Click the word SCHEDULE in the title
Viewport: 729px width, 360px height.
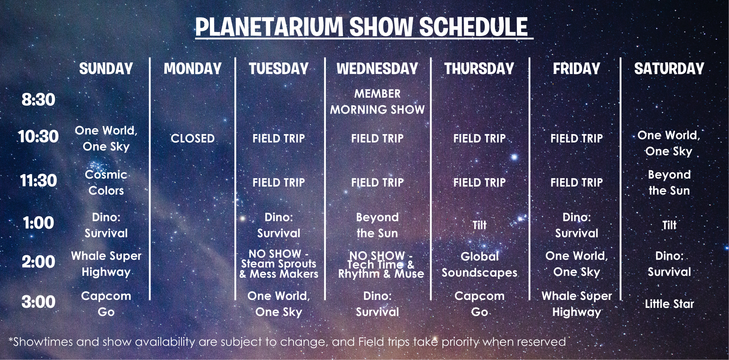click(x=473, y=27)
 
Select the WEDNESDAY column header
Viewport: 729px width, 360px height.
click(x=377, y=69)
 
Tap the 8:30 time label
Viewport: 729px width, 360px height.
click(x=38, y=99)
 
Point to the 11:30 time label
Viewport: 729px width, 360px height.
click(x=38, y=180)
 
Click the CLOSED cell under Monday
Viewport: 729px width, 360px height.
click(x=192, y=138)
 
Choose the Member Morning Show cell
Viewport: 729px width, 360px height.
click(x=377, y=102)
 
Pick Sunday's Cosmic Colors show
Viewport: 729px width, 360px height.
click(x=106, y=183)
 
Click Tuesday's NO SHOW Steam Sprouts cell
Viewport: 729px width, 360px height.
click(x=279, y=264)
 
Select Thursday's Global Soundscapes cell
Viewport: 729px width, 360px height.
click(x=479, y=265)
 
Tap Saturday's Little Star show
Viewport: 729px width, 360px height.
click(x=669, y=304)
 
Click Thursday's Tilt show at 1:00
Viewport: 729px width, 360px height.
click(x=479, y=225)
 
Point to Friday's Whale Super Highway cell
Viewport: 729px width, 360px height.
click(x=577, y=304)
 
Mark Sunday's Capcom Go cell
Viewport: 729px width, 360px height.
click(x=106, y=304)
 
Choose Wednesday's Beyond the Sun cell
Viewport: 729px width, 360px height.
click(x=377, y=225)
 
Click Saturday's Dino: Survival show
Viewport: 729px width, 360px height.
click(x=669, y=264)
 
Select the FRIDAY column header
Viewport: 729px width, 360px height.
click(x=576, y=69)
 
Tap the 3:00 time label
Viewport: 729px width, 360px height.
click(x=38, y=302)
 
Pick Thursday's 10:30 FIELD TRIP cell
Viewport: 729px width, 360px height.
click(x=479, y=138)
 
